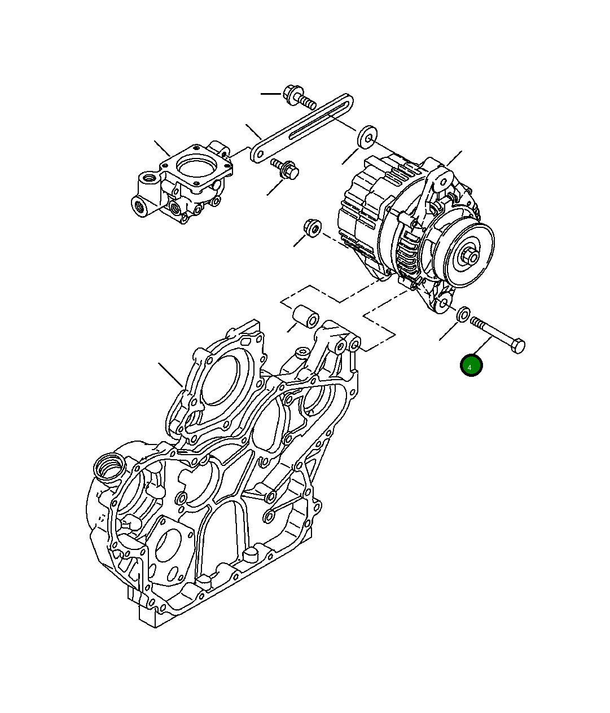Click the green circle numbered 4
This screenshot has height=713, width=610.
[x=471, y=366]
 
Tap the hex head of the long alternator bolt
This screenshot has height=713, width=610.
[x=517, y=346]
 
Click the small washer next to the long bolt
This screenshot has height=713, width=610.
[x=463, y=314]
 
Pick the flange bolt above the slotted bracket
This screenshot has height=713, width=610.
[x=299, y=96]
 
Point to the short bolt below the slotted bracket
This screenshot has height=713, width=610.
[x=285, y=169]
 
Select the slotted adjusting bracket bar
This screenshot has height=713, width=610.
[x=301, y=128]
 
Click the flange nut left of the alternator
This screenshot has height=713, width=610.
[x=312, y=228]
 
